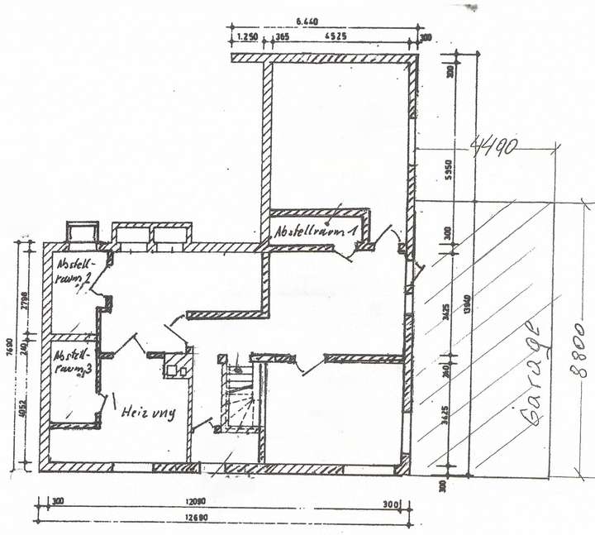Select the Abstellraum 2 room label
pos(75,272)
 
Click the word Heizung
pos(148,412)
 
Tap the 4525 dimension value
pos(335,37)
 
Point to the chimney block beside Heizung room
pos(178,364)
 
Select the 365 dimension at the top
pos(282,37)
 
